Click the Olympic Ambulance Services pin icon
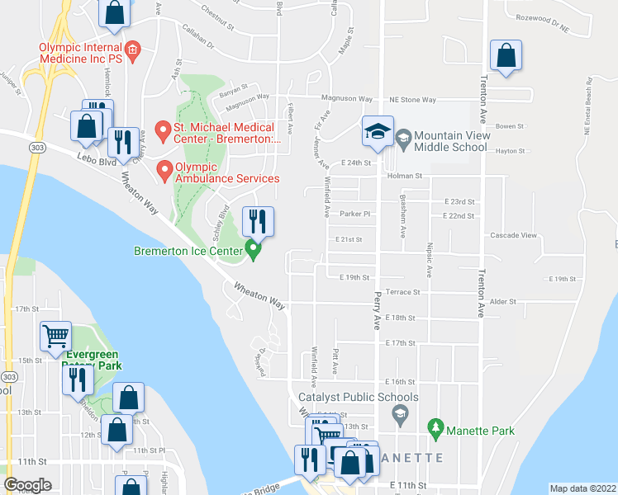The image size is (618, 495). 164,171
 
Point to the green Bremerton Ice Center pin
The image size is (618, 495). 254,250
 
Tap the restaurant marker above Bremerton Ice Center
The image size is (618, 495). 256,222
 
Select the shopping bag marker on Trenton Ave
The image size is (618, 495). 506,56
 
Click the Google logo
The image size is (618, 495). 27,486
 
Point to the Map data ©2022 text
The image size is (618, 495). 582,488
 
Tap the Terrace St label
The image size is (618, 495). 404,292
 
